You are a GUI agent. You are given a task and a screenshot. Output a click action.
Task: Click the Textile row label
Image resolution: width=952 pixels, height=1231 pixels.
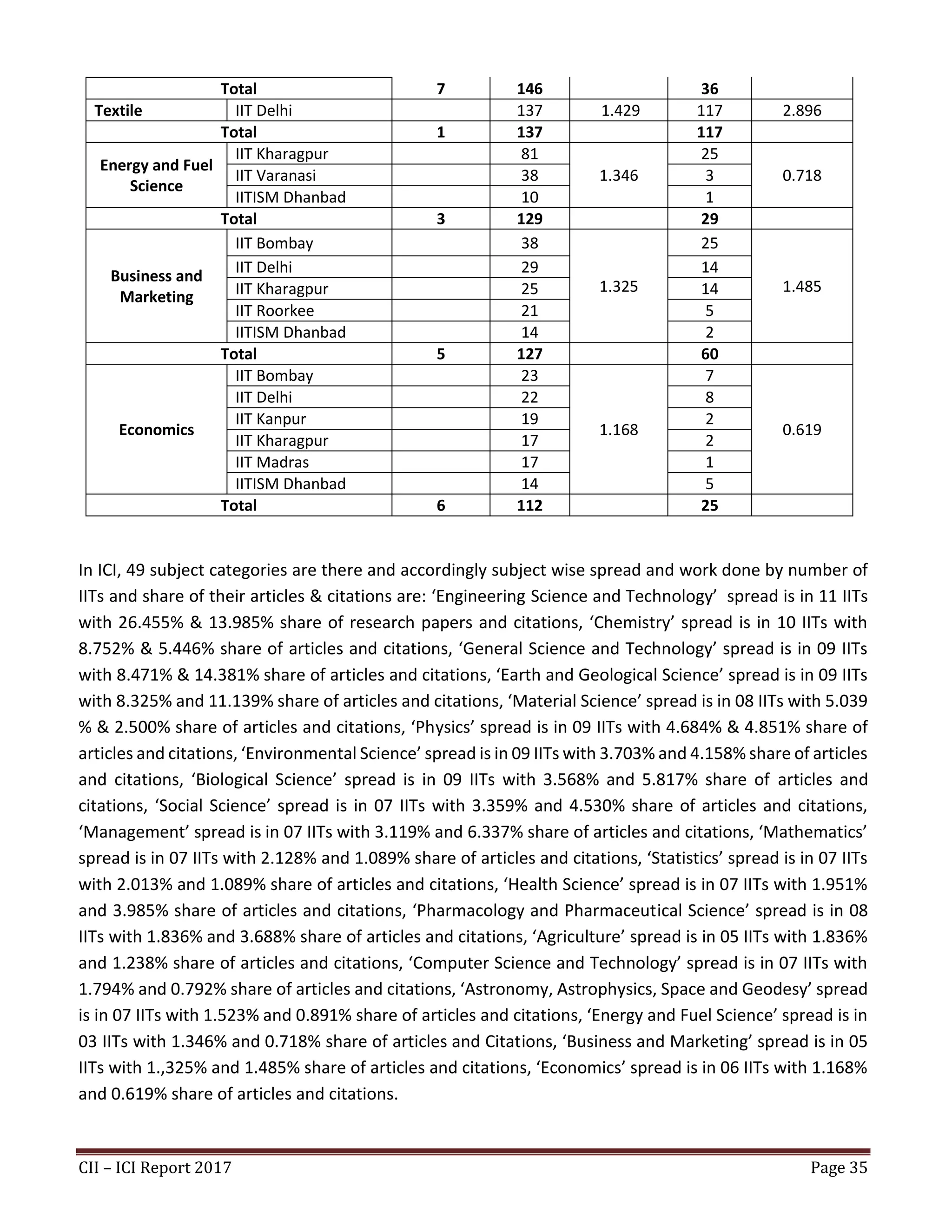(x=118, y=111)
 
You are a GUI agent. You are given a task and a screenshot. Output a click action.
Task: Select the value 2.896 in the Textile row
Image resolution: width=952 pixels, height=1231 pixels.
(x=801, y=111)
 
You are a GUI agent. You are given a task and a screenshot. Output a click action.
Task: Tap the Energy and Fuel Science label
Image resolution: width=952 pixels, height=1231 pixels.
(x=156, y=175)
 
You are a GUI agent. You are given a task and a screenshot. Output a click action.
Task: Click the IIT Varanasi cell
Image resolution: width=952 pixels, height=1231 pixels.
(x=275, y=175)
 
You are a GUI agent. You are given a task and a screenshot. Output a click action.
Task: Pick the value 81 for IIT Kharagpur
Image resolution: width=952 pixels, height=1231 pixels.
(x=529, y=154)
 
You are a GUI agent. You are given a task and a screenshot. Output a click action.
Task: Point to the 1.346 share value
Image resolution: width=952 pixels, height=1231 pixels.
(x=618, y=175)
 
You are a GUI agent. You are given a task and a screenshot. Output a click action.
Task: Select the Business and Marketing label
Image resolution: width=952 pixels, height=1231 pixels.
(x=156, y=286)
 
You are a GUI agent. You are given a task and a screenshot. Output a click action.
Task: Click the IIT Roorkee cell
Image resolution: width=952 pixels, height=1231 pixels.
(x=274, y=311)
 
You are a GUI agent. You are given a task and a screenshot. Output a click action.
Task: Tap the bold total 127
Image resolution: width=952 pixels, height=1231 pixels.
(x=529, y=354)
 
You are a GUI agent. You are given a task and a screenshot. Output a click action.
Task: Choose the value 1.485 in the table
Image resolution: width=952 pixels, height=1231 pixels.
(x=801, y=286)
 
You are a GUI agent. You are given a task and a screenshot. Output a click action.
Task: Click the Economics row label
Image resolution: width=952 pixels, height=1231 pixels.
(x=156, y=430)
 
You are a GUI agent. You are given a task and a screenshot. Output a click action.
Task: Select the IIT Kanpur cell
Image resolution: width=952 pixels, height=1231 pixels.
(x=271, y=419)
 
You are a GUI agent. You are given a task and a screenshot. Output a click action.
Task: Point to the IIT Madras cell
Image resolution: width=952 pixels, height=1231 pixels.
(x=272, y=462)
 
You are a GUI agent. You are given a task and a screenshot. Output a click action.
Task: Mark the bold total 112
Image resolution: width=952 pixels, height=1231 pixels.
(x=529, y=505)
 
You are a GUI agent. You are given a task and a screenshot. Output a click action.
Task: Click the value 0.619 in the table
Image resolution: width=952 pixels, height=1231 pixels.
(x=801, y=430)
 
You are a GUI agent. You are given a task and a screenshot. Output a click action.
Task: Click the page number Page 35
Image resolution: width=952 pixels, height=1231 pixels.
(x=838, y=1167)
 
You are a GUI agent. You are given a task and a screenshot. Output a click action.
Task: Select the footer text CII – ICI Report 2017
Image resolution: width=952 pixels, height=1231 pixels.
(x=155, y=1167)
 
